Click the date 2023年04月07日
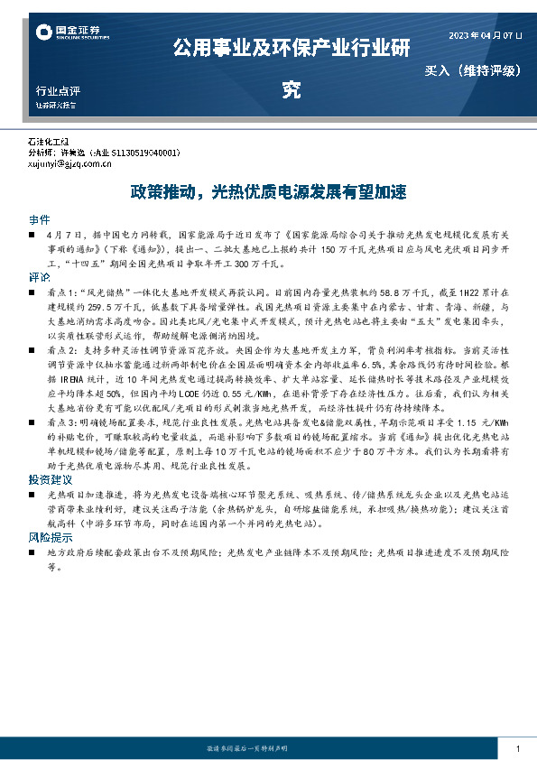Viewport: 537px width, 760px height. click(x=486, y=36)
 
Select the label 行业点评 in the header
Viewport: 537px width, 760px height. click(x=58, y=91)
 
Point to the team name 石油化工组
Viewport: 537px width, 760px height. click(x=49, y=144)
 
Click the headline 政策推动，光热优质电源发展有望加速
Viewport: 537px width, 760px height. click(x=268, y=192)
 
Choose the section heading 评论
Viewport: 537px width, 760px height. click(x=39, y=277)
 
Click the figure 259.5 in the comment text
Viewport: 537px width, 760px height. click(x=101, y=307)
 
